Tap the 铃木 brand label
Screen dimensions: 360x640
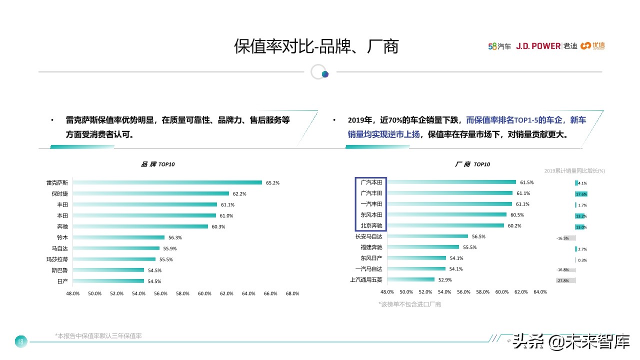62,237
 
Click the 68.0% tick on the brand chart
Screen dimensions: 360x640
292,293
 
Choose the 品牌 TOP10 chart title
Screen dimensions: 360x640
158,164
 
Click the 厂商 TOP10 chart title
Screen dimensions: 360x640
472,164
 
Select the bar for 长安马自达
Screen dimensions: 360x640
428,236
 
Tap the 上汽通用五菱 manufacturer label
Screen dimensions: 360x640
366,280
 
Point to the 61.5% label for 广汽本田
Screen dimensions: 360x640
527,182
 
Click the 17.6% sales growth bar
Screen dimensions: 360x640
581,194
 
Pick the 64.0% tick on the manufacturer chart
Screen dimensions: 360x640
540,291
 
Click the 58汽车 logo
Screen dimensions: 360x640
499,46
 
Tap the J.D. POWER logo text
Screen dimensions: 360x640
538,46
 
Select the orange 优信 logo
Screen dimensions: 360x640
593,46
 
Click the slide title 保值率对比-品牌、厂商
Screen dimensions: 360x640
316,46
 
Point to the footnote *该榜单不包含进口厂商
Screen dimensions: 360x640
409,304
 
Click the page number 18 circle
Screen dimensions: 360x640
20,341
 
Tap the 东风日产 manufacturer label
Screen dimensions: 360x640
371,258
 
